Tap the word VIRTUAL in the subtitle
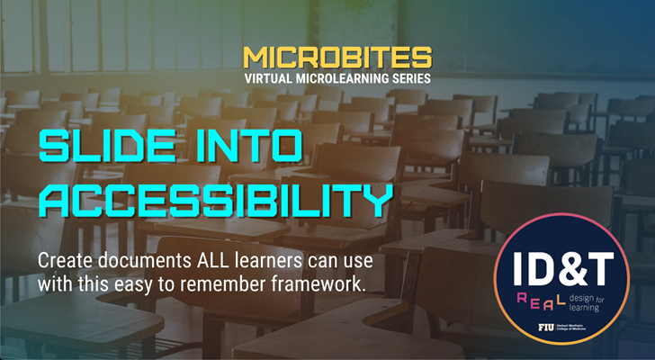point(271,78)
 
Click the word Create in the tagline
point(65,262)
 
